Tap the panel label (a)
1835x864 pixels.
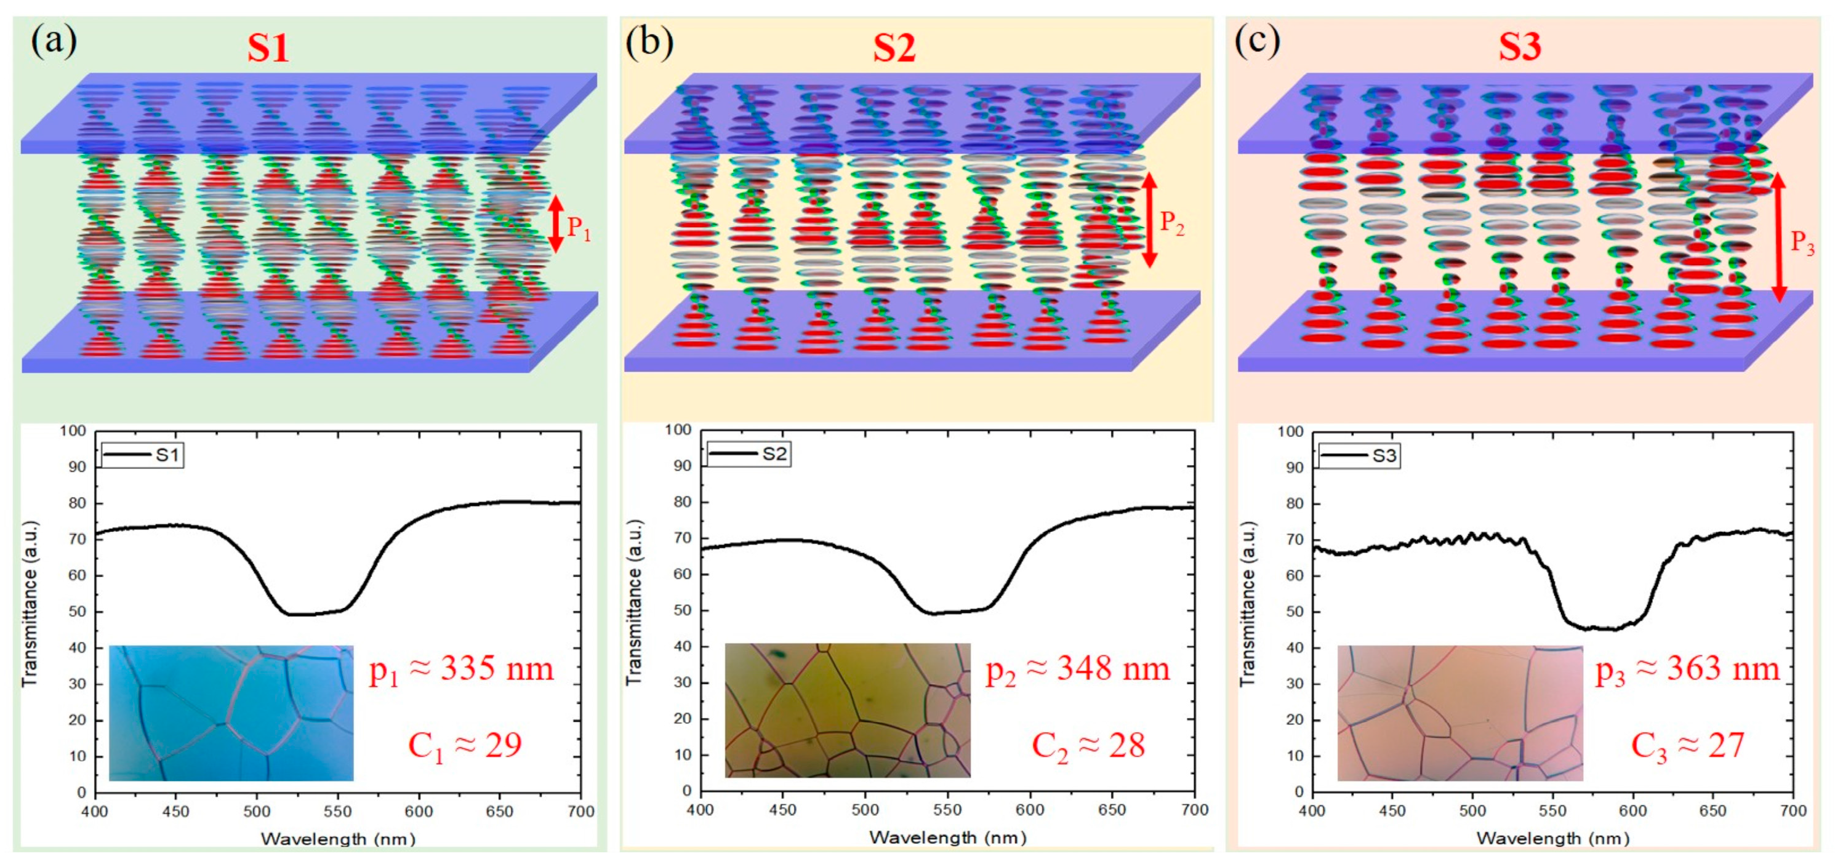coord(54,41)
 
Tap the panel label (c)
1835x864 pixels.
coord(1256,41)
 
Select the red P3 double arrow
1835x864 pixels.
coord(1779,236)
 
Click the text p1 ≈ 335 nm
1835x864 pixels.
coord(461,670)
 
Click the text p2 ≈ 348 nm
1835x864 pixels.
coord(1077,670)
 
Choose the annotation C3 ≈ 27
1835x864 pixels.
coord(1687,746)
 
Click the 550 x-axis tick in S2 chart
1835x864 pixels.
coord(947,810)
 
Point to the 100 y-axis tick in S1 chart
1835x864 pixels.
coord(73,431)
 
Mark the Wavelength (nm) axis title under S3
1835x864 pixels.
coord(1552,838)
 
